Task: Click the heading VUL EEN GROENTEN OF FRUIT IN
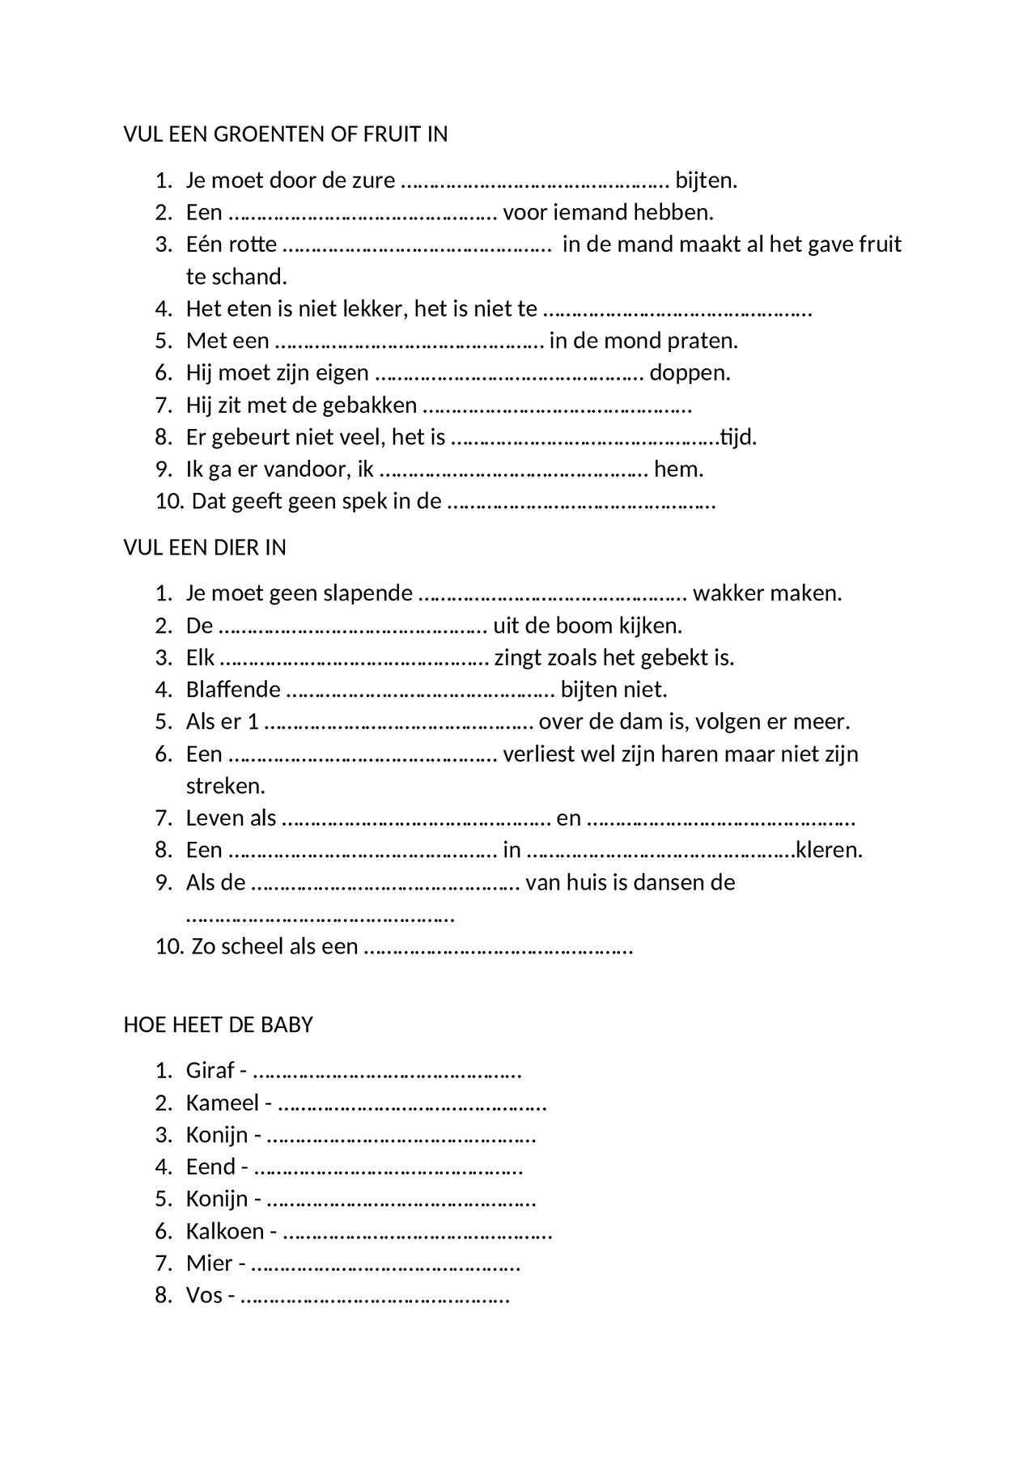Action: coord(285,134)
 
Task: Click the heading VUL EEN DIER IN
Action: coord(205,548)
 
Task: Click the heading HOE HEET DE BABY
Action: coord(218,1025)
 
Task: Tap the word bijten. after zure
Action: coord(707,180)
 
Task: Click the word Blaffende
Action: coord(233,690)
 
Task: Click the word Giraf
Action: coord(210,1071)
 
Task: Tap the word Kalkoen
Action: coord(225,1231)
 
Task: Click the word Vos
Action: coord(204,1296)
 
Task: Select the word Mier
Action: coord(210,1263)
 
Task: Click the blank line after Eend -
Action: coord(388,1169)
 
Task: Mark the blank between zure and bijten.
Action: coord(535,181)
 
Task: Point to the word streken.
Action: coord(225,786)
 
